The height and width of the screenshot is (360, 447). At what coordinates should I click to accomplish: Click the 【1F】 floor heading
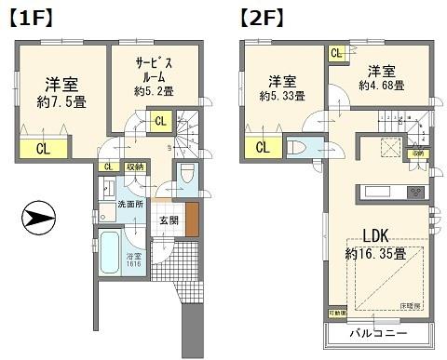[x=32, y=16]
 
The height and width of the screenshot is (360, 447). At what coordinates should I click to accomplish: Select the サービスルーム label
[x=153, y=71]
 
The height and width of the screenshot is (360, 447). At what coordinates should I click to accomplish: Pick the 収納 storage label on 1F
[x=134, y=167]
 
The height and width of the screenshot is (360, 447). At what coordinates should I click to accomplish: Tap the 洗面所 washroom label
[x=129, y=204]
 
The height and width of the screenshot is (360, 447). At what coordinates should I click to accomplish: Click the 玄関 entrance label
[x=169, y=220]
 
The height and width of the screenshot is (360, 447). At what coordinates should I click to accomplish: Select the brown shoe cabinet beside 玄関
[x=192, y=219]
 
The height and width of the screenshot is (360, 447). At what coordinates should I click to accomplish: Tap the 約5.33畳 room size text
[x=282, y=96]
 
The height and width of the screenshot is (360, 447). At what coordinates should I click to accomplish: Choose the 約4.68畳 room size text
[x=381, y=86]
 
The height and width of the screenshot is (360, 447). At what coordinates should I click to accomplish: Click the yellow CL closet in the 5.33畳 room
[x=262, y=146]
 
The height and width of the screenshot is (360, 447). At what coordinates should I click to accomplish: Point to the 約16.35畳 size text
[x=376, y=253]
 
